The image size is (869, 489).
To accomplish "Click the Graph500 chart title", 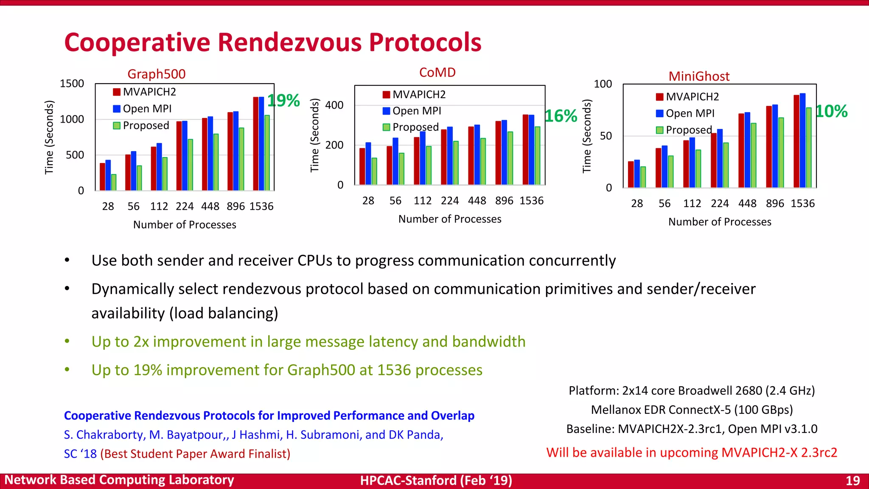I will coord(157,74).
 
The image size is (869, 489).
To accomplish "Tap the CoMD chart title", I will coord(437,72).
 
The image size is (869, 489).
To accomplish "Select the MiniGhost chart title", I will coord(699,76).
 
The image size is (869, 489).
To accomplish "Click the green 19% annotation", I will coord(283,101).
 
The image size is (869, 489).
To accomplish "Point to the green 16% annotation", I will coord(561,116).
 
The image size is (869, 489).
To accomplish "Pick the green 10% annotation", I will coord(831,111).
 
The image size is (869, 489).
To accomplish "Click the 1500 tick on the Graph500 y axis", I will coord(72,84).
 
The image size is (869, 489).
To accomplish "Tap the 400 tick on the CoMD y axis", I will coord(334,105).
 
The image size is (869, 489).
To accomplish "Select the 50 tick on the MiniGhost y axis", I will coord(605,136).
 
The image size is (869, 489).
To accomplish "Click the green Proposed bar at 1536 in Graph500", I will coord(267,153).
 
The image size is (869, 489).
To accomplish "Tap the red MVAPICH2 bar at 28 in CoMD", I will coord(362,166).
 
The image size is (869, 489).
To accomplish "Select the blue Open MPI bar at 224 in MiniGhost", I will coord(720,158).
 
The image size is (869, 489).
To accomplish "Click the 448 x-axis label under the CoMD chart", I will coord(477,201).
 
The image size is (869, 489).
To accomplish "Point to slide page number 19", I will coord(852,481).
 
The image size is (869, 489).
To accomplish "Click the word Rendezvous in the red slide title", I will coord(290,42).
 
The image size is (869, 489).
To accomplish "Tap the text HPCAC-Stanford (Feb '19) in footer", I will coord(436,481).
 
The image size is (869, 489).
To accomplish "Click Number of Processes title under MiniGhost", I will coord(720,222).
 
